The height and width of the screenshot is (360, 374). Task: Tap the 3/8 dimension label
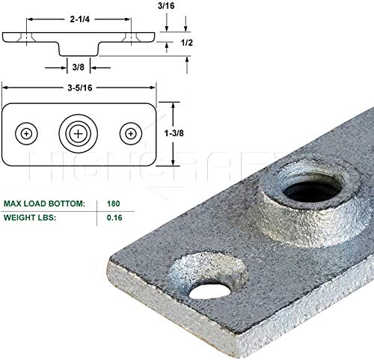pos(79,67)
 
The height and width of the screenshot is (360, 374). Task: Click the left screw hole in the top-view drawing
pos(28,133)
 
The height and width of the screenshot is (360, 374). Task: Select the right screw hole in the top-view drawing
pos(131,133)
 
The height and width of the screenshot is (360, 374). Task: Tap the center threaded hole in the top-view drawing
pos(79,133)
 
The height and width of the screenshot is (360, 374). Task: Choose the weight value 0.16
pos(111,219)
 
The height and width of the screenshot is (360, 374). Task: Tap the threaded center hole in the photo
pos(303,179)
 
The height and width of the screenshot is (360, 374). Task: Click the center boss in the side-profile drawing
pos(79,46)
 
